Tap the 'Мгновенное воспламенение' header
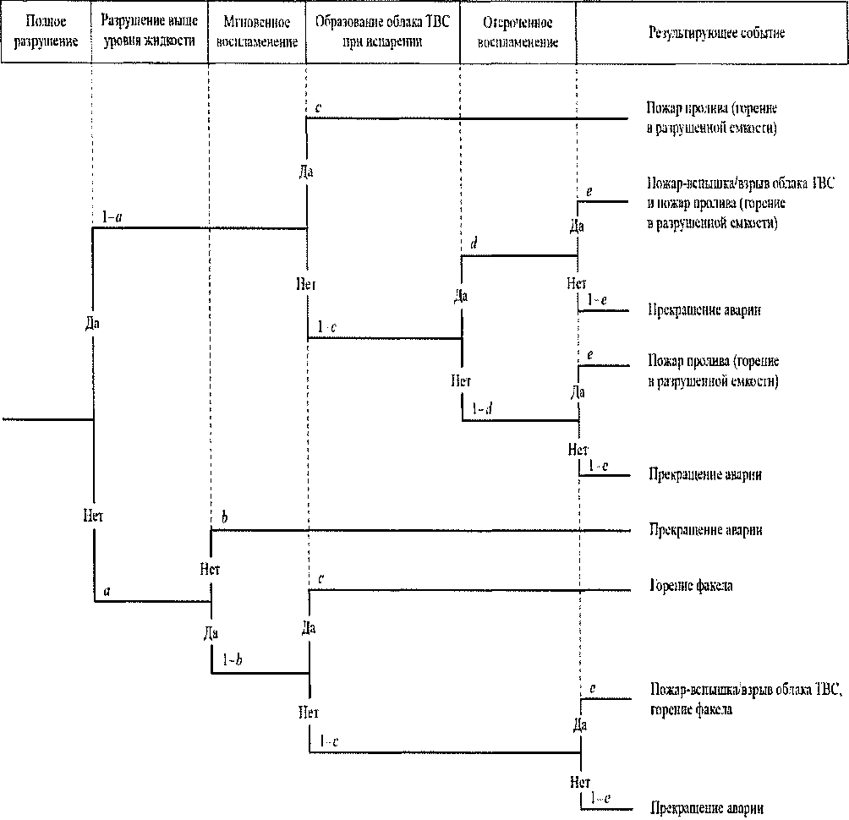pyautogui.click(x=256, y=33)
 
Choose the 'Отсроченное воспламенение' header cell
pyautogui.click(x=518, y=33)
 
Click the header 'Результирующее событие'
pyautogui.click(x=716, y=33)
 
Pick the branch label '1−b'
pyautogui.click(x=233, y=660)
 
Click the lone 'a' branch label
pyautogui.click(x=107, y=592)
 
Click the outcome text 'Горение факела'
pyautogui.click(x=691, y=586)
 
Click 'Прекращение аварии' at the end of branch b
pyautogui.click(x=706, y=530)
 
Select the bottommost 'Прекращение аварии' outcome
pyautogui.click(x=706, y=807)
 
